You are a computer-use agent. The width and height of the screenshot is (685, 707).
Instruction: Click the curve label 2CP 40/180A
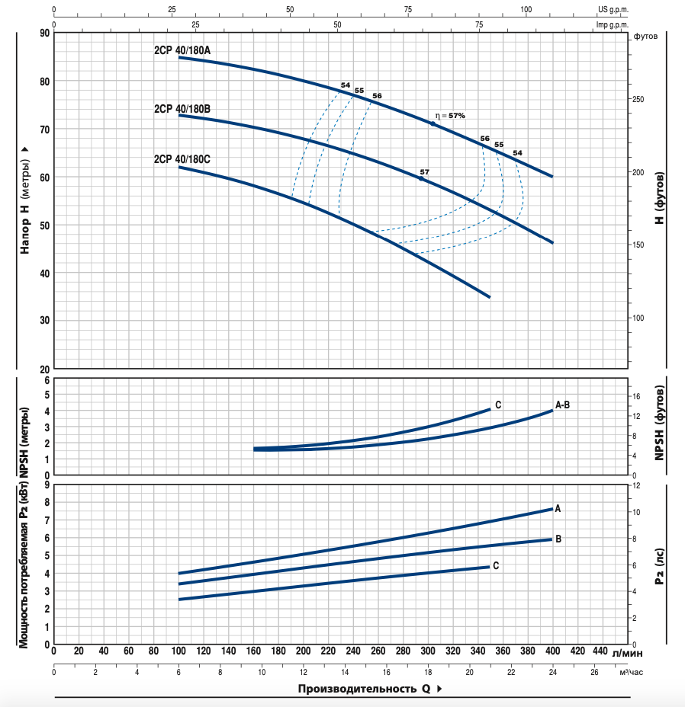(x=182, y=50)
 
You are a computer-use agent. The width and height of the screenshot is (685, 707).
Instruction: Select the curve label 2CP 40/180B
(x=182, y=109)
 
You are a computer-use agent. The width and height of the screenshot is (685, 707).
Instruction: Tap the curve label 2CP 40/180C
(x=182, y=159)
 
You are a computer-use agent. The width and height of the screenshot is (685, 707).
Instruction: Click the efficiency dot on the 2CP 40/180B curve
(x=421, y=178)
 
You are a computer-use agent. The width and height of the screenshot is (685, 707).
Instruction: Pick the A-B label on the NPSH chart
(x=562, y=405)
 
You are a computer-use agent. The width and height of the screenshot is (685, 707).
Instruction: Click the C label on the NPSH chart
(x=498, y=405)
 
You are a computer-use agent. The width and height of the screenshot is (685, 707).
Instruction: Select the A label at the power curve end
(x=558, y=508)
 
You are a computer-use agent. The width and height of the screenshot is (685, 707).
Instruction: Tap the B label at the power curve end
(x=558, y=539)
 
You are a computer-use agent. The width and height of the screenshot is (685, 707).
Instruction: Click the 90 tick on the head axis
(x=44, y=33)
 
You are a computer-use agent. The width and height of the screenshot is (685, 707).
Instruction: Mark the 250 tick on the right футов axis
(x=638, y=100)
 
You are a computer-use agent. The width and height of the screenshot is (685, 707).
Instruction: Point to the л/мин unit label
(x=628, y=652)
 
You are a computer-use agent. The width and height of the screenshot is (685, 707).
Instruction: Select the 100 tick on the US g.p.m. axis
(x=526, y=10)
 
